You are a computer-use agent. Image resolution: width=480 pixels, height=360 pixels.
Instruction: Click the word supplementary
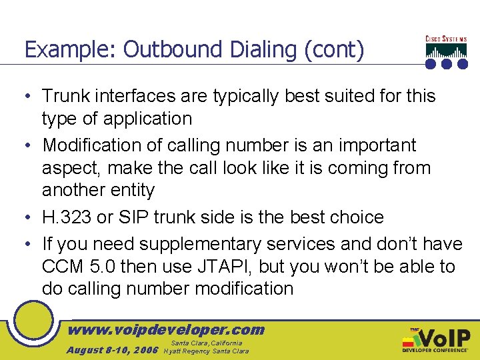click(183, 242)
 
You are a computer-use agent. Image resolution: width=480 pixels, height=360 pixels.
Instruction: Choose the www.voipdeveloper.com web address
click(167, 329)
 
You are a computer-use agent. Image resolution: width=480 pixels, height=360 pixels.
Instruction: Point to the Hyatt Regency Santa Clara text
click(206, 351)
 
